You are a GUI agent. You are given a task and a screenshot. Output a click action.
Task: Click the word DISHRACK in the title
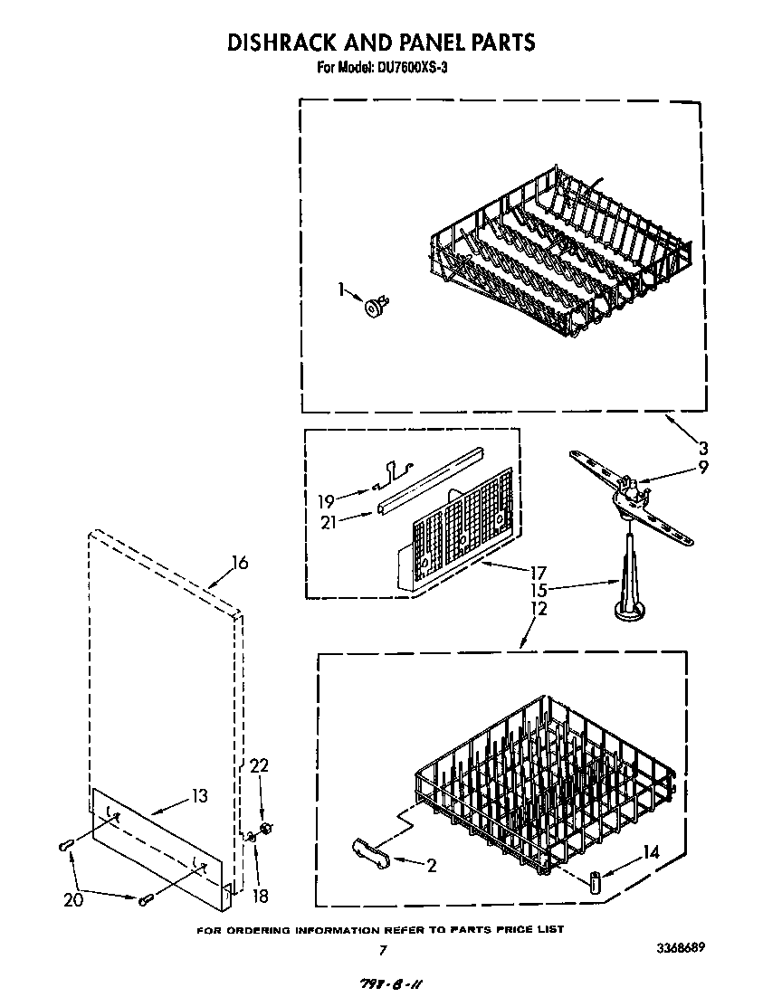[285, 42]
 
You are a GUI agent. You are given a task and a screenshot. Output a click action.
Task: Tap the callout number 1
[340, 290]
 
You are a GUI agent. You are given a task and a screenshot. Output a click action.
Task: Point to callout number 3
[701, 447]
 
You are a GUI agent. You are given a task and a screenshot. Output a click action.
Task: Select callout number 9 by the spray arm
[702, 468]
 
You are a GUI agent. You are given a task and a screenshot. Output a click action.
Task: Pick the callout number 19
[326, 500]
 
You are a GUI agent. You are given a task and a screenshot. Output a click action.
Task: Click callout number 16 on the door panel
[239, 563]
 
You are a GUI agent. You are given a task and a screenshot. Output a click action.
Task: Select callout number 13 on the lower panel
[199, 796]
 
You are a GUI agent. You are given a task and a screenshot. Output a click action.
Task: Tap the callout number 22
[260, 765]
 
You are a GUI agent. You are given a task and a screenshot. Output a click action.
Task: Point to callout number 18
[260, 896]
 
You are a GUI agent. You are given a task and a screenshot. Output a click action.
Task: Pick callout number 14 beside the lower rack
[651, 850]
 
